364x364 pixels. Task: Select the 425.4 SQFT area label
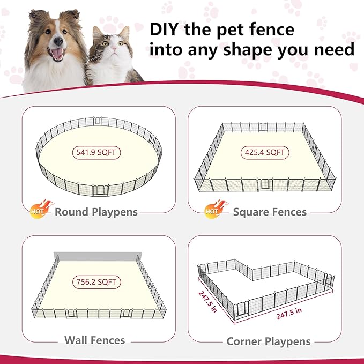[x=265, y=153]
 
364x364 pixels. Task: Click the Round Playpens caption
[x=96, y=212]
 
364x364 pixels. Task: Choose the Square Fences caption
[x=270, y=212]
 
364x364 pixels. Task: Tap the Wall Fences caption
[x=94, y=340]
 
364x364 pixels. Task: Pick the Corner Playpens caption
[x=269, y=341]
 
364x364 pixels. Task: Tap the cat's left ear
[x=97, y=34]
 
